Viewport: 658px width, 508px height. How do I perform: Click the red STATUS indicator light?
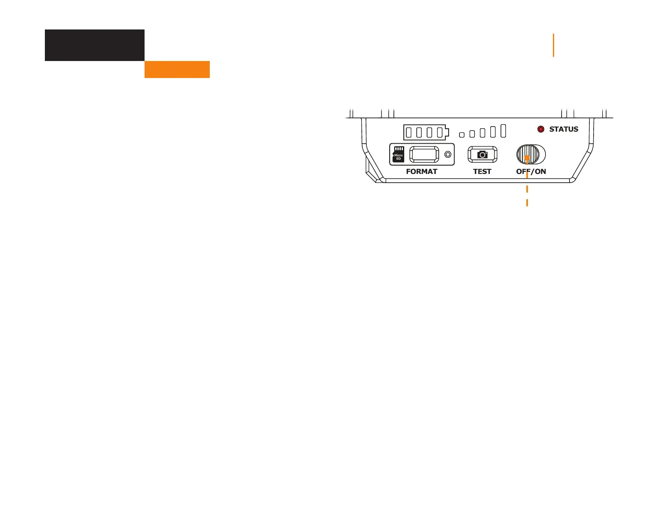[x=541, y=129]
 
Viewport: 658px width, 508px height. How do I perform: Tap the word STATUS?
[x=564, y=129]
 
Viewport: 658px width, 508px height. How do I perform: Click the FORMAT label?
[x=422, y=171]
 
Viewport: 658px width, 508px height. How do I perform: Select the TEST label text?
[x=482, y=171]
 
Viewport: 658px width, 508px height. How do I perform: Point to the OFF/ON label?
[x=531, y=171]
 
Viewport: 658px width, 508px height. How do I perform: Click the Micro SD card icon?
[x=398, y=154]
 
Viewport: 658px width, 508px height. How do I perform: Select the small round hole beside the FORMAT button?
[x=448, y=154]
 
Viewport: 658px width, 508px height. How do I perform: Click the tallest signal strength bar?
[x=503, y=130]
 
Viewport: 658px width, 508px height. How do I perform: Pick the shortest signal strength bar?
[x=462, y=134]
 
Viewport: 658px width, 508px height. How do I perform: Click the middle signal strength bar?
[x=482, y=132]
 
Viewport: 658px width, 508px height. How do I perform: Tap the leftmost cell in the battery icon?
[x=409, y=132]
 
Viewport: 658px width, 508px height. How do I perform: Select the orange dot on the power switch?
[x=527, y=158]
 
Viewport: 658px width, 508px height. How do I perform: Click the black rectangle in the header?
[x=94, y=45]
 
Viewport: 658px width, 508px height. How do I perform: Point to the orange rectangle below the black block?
[x=177, y=69]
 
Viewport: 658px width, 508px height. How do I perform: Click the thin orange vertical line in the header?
[x=553, y=45]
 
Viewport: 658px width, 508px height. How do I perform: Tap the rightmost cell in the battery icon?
[x=440, y=132]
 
